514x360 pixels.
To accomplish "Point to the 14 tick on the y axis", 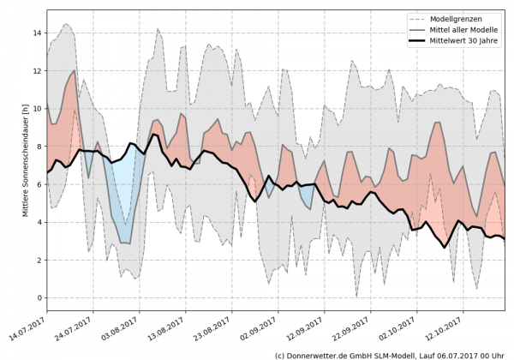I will point(37,33).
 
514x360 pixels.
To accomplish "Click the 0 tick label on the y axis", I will point(37,297).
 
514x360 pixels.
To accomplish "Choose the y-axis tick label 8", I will point(37,146).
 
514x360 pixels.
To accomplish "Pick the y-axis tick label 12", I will point(37,70).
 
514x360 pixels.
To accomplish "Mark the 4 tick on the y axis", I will point(37,222).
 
